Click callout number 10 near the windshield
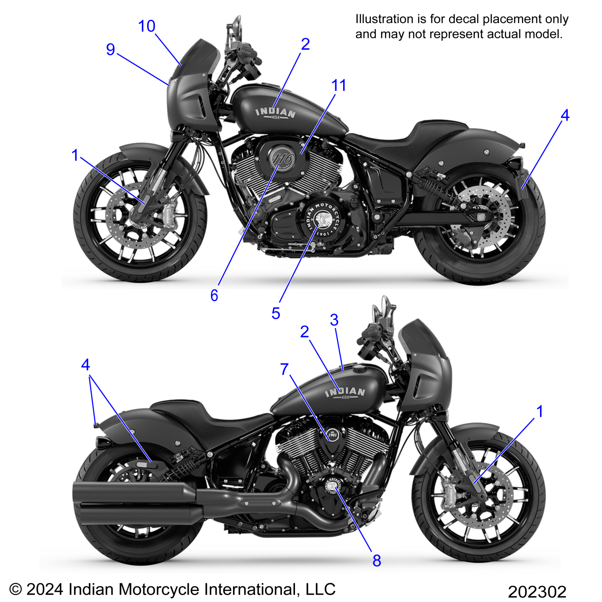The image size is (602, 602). pyautogui.click(x=147, y=26)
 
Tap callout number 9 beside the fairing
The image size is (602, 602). pyautogui.click(x=110, y=49)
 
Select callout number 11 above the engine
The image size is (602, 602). pyautogui.click(x=339, y=85)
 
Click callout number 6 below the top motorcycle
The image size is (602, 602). pyautogui.click(x=214, y=295)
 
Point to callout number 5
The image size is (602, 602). pyautogui.click(x=276, y=313)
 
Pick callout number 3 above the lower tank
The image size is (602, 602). pyautogui.click(x=334, y=320)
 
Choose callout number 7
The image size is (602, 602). pyautogui.click(x=284, y=369)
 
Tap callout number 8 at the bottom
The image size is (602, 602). pyautogui.click(x=377, y=561)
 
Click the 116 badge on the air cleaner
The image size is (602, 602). pyautogui.click(x=283, y=159)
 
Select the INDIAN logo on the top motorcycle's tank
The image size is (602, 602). pyautogui.click(x=276, y=113)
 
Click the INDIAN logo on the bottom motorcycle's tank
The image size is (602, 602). pyautogui.click(x=345, y=392)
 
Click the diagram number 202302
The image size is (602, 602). pyautogui.click(x=537, y=592)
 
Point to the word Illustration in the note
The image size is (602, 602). pyautogui.click(x=384, y=19)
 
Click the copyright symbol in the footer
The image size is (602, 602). pyautogui.click(x=16, y=590)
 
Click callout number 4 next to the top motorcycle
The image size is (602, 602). pyautogui.click(x=565, y=115)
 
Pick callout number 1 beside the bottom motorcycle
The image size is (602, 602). pyautogui.click(x=539, y=411)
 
